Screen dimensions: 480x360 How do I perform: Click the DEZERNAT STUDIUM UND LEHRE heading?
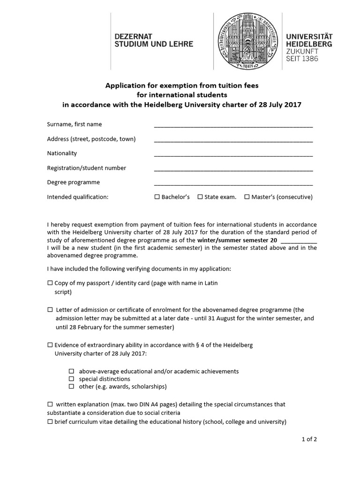point(154,39)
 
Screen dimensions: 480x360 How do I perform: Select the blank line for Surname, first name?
point(233,125)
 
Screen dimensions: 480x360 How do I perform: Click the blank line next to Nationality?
point(233,154)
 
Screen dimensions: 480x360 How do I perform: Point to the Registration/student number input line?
point(233,169)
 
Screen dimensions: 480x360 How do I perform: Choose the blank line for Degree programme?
point(233,183)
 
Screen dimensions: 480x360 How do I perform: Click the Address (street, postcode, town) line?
point(233,140)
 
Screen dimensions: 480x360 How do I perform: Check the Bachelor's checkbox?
point(157,197)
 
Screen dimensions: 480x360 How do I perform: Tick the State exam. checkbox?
point(200,197)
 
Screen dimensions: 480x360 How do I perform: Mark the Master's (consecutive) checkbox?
point(247,197)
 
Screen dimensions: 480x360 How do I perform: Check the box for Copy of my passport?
point(50,284)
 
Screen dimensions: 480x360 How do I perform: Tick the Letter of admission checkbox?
point(50,310)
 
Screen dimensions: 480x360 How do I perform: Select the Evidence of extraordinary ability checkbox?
point(50,345)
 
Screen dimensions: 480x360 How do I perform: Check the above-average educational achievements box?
point(72,371)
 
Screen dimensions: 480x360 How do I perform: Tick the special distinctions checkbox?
point(72,379)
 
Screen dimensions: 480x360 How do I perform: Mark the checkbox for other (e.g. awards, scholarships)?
point(72,387)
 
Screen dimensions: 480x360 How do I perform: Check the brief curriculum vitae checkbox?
point(50,422)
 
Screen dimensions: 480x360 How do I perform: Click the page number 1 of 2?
point(309,439)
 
